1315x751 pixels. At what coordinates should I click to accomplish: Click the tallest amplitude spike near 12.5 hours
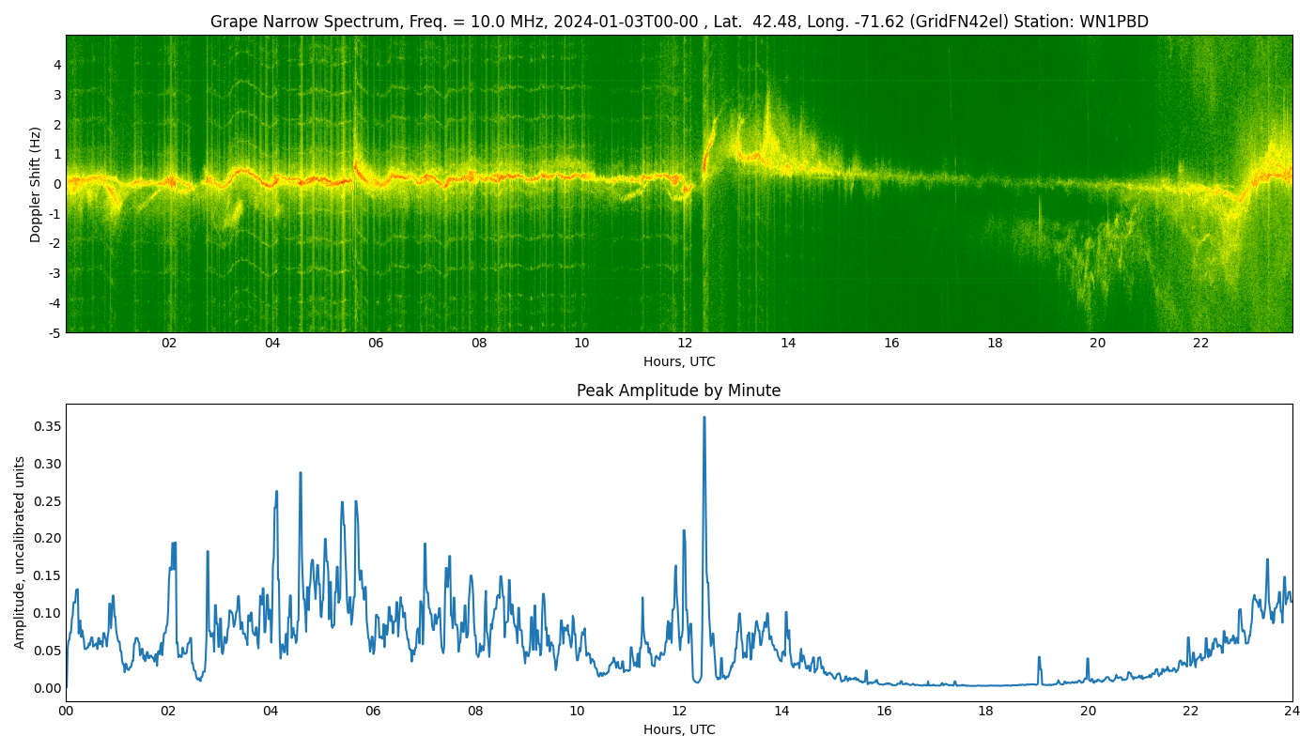click(x=704, y=419)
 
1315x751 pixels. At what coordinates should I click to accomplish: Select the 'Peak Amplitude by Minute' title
click(x=678, y=391)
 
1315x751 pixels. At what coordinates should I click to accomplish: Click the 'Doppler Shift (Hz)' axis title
click(x=36, y=184)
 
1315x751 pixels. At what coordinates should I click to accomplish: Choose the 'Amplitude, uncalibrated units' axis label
click(x=20, y=552)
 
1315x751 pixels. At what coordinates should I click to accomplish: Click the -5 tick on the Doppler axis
click(x=54, y=332)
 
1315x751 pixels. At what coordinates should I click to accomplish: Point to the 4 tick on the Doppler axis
click(x=57, y=65)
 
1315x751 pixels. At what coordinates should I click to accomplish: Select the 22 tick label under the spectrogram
click(x=1201, y=344)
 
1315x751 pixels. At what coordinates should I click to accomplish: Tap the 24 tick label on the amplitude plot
click(x=1292, y=712)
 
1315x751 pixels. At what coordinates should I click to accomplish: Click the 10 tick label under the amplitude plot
click(x=577, y=712)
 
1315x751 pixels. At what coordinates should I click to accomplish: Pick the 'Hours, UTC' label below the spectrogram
click(x=679, y=361)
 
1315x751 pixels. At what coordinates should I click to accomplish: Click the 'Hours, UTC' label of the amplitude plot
click(x=679, y=729)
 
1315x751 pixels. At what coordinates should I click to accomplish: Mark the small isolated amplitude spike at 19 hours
click(x=1038, y=658)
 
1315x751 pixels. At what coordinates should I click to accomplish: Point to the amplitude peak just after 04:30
click(x=301, y=473)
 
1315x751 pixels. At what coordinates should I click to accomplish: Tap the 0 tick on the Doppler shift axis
click(x=57, y=184)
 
